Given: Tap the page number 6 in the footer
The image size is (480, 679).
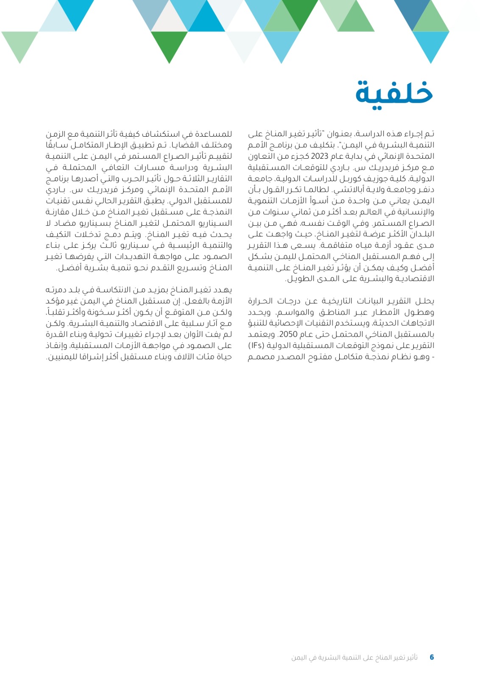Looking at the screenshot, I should [x=432, y=657].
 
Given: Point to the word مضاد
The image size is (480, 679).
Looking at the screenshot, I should [x=64, y=223].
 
